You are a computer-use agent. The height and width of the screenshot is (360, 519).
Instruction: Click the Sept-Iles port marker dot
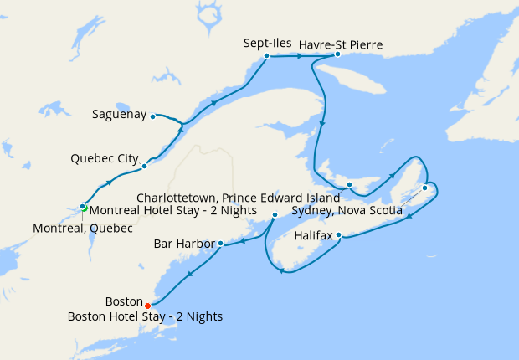266,56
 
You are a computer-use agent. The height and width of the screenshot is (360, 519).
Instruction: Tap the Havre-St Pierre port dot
337,54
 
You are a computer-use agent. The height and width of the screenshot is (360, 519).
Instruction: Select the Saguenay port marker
152,116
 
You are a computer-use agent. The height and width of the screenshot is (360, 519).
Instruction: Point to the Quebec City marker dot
144,166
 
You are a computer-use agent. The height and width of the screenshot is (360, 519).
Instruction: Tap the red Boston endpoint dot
148,305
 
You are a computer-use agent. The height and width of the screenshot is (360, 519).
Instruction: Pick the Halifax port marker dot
338,236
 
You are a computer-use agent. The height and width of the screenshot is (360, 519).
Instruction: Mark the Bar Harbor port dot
220,244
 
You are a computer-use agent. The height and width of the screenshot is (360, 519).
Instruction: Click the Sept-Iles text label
266,42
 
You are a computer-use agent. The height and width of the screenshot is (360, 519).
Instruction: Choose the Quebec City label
104,157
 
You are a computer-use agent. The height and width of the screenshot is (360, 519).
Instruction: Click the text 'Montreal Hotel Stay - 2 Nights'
172,211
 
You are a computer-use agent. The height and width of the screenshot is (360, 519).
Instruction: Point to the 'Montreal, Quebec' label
82,228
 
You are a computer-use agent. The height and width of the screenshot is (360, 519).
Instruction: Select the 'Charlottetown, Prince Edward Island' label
239,198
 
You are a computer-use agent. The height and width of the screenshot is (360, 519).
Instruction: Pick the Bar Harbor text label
184,244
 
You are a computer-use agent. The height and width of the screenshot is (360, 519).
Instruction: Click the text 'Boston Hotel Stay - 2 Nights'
146,316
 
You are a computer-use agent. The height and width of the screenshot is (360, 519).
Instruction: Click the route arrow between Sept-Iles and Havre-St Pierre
299,56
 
